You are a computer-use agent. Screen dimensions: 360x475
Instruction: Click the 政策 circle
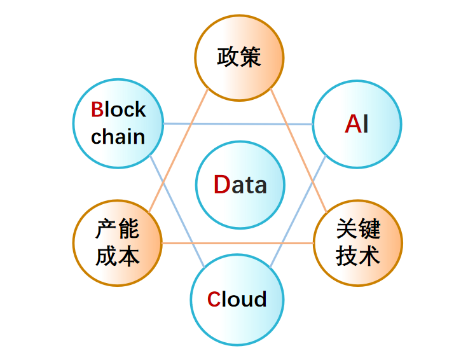coord(238,57)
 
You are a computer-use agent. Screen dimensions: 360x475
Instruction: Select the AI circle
coord(357,124)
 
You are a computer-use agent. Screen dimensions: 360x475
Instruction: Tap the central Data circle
coord(240,184)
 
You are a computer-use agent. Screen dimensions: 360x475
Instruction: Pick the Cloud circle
coord(236,299)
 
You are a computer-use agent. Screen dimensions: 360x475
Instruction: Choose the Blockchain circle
coord(118,123)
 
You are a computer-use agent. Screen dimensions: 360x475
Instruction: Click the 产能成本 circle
coord(118,243)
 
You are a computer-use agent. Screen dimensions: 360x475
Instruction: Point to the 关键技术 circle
coord(358,243)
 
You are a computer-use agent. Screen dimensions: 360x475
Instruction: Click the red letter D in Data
coord(221,184)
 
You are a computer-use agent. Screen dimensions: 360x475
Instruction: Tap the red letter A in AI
coord(353,124)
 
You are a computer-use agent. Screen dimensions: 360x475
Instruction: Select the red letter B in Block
coord(97,110)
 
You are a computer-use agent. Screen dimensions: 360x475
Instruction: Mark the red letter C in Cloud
coord(214,299)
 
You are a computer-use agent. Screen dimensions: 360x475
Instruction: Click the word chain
coord(118,137)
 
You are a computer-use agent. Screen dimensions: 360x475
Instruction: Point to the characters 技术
coord(358,256)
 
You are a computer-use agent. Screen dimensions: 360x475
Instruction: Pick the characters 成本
coord(118,256)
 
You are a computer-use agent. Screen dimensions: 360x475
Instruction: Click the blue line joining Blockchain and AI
coord(238,123)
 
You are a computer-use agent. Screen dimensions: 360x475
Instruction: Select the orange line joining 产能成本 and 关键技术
coord(238,243)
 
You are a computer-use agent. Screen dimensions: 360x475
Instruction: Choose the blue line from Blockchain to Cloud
coord(177,211)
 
